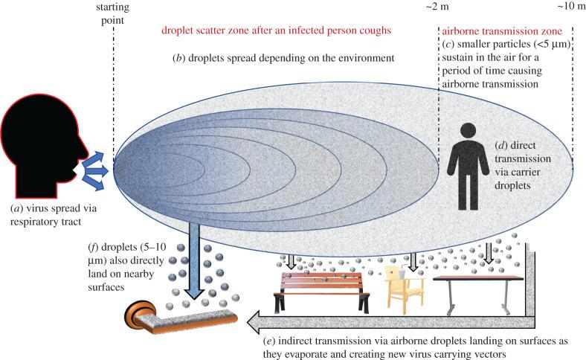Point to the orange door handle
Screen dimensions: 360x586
tap(182, 317)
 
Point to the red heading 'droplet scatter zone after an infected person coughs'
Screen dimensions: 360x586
tap(286, 33)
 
